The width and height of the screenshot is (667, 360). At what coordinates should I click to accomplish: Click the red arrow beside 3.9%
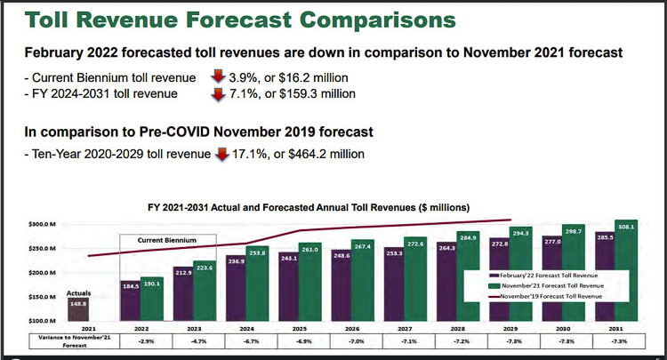(217, 78)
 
